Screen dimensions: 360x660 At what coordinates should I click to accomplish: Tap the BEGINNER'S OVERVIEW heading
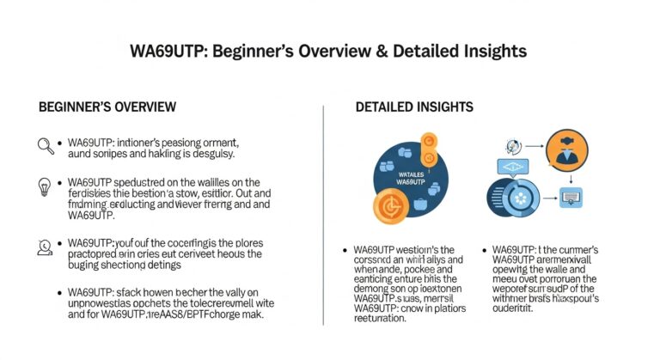(x=107, y=107)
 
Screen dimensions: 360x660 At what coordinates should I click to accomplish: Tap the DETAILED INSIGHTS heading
(x=414, y=107)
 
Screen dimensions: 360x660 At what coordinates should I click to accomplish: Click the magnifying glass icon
(x=45, y=145)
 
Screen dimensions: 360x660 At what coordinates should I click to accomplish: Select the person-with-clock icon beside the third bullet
(x=45, y=247)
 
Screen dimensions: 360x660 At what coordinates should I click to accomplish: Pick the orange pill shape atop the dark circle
(x=428, y=147)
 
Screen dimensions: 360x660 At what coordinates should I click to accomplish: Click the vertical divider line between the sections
(x=322, y=215)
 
